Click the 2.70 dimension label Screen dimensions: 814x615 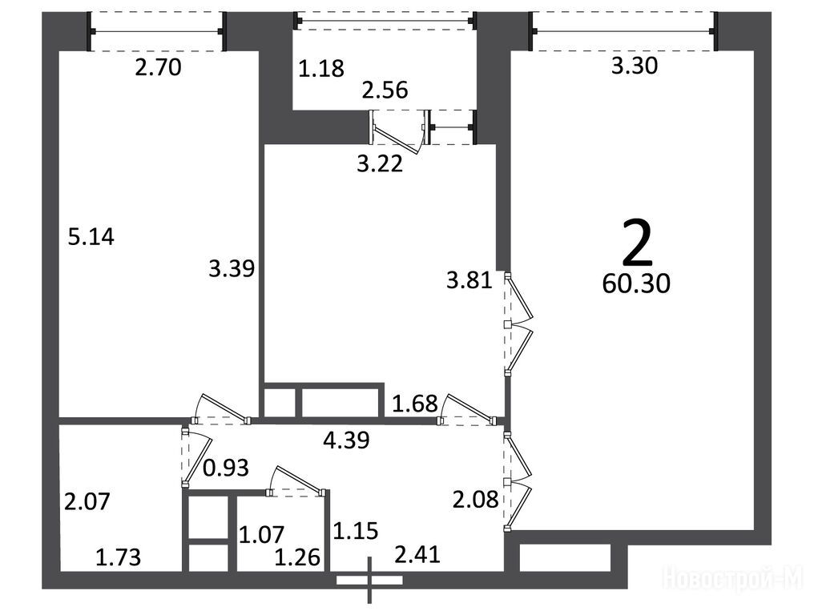158,68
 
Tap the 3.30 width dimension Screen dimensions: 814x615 634,66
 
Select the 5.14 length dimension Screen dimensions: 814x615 91,237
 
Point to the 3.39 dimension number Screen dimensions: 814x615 232,269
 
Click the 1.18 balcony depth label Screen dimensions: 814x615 321,69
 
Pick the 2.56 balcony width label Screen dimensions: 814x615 385,90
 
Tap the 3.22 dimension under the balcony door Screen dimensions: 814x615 380,164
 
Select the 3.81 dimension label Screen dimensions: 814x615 469,281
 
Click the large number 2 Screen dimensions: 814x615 636,243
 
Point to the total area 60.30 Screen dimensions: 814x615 636,284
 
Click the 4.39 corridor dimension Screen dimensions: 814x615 346,440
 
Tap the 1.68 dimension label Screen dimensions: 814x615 415,404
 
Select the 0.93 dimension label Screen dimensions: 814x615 226,468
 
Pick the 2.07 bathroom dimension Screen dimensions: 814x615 87,502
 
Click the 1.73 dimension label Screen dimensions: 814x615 119,557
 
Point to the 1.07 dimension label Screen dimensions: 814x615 262,535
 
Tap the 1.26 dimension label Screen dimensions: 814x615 297,557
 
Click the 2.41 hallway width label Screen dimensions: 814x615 417,554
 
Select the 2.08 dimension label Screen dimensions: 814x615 476,500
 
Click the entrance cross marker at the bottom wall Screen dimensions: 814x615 369,581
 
